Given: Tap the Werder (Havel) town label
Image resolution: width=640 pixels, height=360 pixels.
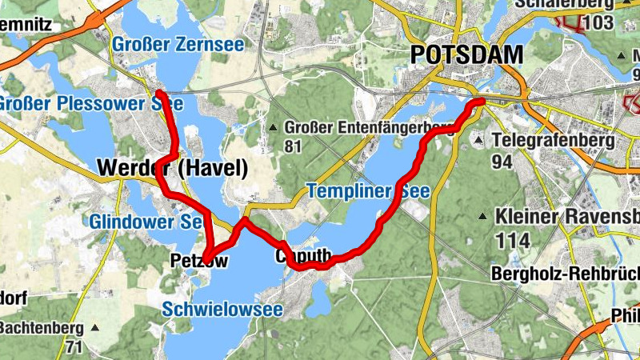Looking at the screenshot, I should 172,169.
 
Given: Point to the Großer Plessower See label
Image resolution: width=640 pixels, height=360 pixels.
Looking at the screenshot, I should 90,104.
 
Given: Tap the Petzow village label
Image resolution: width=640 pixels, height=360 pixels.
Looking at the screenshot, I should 199,260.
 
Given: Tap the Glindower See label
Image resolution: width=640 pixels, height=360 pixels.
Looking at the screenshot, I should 145,222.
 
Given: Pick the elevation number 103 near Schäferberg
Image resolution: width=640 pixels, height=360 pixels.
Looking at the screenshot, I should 598,22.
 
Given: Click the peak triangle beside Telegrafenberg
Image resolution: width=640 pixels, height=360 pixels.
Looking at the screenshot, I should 478,141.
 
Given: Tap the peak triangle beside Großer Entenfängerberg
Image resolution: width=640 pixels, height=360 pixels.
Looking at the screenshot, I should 274,128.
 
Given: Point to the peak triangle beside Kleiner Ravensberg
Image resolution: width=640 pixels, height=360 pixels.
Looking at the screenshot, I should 483,217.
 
